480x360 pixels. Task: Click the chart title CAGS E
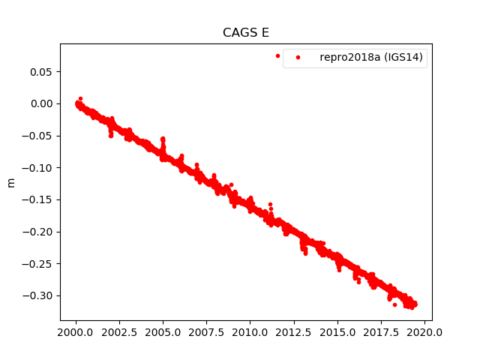(x=246, y=33)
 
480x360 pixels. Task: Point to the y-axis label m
(x=10, y=182)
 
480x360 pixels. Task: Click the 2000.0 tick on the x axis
(x=76, y=331)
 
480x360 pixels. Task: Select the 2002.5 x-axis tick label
(x=119, y=331)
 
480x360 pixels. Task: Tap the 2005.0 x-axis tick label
(x=163, y=331)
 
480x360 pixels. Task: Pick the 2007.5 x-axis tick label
(x=207, y=331)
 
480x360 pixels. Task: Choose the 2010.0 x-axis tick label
(x=250, y=331)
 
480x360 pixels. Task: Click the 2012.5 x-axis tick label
(x=294, y=331)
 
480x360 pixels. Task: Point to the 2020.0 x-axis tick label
(x=425, y=331)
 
